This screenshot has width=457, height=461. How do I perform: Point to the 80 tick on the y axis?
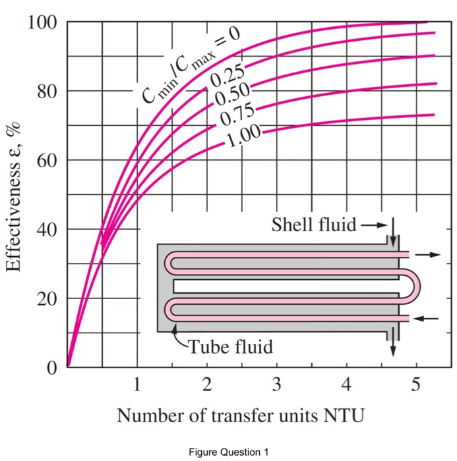pyautogui.click(x=43, y=91)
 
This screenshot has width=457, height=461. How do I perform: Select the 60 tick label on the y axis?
pyautogui.click(x=43, y=160)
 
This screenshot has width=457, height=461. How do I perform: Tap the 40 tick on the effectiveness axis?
pyautogui.click(x=43, y=229)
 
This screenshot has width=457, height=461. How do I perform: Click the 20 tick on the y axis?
pyautogui.click(x=43, y=298)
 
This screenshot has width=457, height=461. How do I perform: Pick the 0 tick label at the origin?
pyautogui.click(x=51, y=367)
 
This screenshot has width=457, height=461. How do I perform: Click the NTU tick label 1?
pyautogui.click(x=137, y=385)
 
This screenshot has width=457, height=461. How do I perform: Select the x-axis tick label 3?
pyautogui.click(x=277, y=385)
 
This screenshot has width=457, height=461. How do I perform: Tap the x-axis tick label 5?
pyautogui.click(x=415, y=385)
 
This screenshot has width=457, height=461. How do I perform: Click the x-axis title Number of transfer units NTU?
pyautogui.click(x=241, y=416)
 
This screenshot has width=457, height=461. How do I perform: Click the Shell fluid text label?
pyautogui.click(x=314, y=225)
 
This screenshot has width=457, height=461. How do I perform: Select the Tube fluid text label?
pyautogui.click(x=230, y=347)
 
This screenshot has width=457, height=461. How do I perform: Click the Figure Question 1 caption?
pyautogui.click(x=228, y=452)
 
